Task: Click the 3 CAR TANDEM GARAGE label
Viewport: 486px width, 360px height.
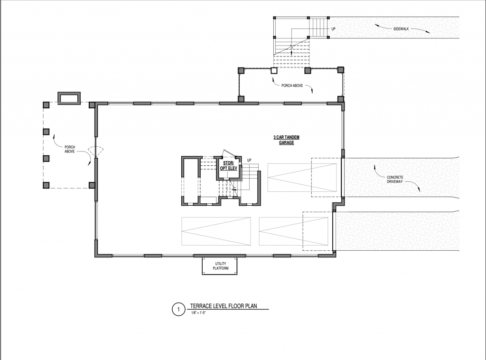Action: tap(286, 140)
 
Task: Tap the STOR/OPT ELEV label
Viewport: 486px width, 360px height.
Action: tap(228, 166)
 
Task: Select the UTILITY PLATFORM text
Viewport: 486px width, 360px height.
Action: tap(220, 266)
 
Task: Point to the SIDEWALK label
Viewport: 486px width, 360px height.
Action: tap(401, 29)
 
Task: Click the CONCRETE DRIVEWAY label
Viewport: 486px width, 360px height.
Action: tap(395, 180)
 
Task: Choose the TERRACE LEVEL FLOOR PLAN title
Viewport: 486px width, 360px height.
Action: tap(224, 306)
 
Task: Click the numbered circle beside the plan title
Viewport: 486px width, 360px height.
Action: tap(178, 310)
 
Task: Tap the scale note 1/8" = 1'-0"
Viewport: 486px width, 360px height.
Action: tap(199, 313)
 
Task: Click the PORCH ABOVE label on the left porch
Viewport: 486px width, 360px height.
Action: tap(70, 149)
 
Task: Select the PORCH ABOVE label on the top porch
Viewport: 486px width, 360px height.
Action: tap(292, 85)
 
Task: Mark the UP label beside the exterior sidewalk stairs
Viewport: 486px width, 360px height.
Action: tap(334, 29)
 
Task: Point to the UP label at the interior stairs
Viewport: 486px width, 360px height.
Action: tap(249, 160)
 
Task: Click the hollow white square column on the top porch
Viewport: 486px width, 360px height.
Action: tap(274, 71)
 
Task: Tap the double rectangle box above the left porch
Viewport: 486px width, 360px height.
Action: tap(69, 98)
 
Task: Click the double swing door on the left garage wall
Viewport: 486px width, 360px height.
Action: tap(95, 152)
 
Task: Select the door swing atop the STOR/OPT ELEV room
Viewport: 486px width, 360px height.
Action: tap(228, 153)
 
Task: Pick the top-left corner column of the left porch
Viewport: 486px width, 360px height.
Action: tap(46, 105)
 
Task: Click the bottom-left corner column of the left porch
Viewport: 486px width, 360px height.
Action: tap(46, 185)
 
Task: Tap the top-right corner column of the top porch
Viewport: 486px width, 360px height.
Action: tap(341, 70)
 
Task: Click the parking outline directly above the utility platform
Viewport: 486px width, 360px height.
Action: tap(216, 231)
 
